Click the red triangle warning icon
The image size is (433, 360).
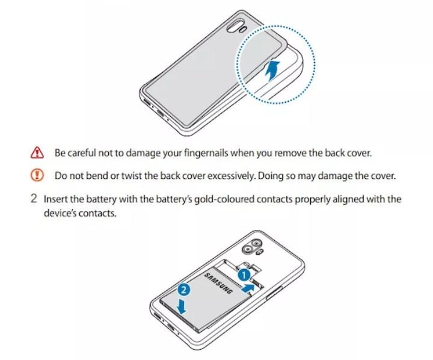[x=37, y=153]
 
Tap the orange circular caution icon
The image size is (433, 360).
[x=37, y=175]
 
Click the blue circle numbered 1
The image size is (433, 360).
[x=244, y=275]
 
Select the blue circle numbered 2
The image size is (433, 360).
[x=184, y=290]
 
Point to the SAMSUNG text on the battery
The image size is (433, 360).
[x=218, y=283]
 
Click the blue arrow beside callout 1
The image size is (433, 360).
[x=248, y=288]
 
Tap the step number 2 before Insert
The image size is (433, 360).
[x=34, y=199]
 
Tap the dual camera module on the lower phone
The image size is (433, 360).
[x=251, y=246]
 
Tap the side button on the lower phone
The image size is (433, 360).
[x=274, y=293]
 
